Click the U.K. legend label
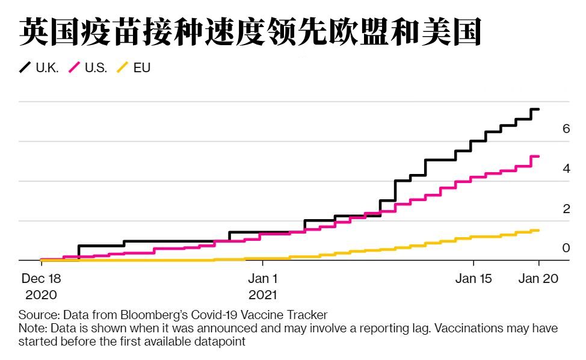click(x=47, y=68)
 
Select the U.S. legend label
click(x=96, y=68)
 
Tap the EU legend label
click(x=141, y=68)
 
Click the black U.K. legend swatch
click(x=26, y=67)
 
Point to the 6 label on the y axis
click(x=566, y=129)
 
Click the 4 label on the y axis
click(x=566, y=169)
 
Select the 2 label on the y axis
click(x=566, y=209)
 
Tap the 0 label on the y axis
click(x=566, y=248)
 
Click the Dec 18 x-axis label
click(x=41, y=279)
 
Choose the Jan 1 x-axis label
click(x=263, y=279)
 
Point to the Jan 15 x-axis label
click(x=473, y=279)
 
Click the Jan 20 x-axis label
click(x=539, y=279)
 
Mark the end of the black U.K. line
click(x=538, y=110)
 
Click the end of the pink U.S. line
click(x=538, y=157)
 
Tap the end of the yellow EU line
click(x=538, y=231)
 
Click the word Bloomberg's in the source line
click(x=154, y=315)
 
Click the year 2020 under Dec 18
click(x=41, y=295)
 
